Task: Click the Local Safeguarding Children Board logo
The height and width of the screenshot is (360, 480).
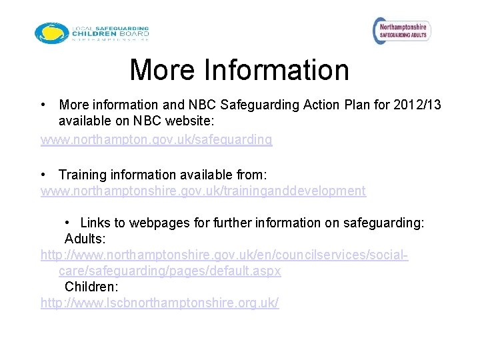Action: [92, 33]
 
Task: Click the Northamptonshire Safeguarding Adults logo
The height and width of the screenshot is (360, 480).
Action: [401, 30]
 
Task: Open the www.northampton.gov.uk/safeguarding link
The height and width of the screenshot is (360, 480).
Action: [157, 139]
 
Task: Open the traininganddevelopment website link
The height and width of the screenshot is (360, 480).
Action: [203, 191]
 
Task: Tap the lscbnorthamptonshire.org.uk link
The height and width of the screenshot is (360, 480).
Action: [160, 303]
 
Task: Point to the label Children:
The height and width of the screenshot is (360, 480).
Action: [91, 287]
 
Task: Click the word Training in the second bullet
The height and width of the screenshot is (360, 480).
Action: [83, 175]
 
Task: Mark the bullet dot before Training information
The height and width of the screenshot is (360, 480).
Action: [43, 175]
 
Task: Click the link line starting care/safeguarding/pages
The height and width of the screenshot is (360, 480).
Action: [170, 271]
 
